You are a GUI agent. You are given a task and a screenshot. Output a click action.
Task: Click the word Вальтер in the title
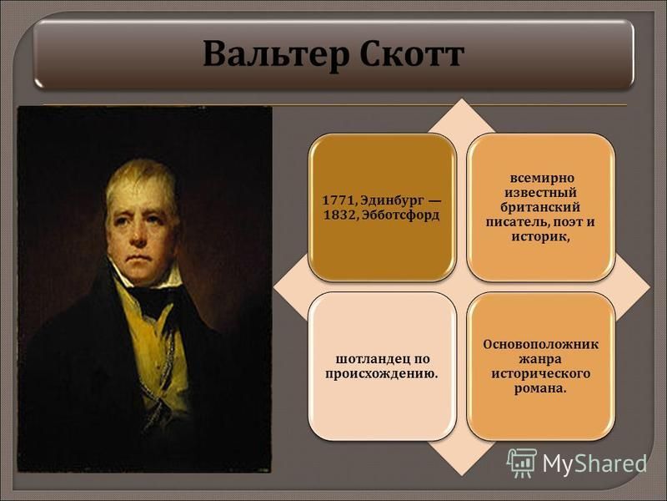coord(276,54)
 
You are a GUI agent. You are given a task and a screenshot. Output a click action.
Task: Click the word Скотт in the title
coord(412,54)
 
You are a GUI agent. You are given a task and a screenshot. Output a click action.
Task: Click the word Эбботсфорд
coord(400,215)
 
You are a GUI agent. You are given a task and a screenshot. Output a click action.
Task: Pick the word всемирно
coord(541,179)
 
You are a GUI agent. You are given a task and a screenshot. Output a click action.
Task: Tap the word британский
coord(540,207)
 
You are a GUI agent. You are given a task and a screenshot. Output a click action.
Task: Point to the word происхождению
coord(382,374)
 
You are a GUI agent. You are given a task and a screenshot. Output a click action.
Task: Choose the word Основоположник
coord(540,344)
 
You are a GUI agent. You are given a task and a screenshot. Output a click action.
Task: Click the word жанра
coord(539,360)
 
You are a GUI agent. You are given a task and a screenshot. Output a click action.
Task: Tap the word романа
coord(540,389)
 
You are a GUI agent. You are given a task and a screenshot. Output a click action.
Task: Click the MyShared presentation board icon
coord(522,463)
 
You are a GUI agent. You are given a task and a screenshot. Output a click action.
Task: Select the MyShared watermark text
coord(594,463)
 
